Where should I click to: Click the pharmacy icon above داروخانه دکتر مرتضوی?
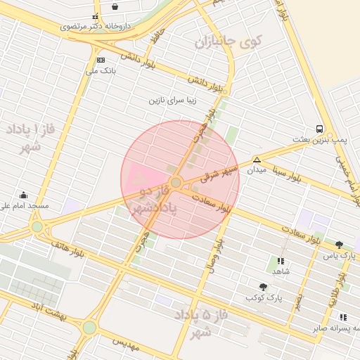tap(95, 16)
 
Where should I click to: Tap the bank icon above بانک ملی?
tap(101, 60)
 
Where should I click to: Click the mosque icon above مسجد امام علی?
tap(24, 195)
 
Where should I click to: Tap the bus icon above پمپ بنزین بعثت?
tap(319, 129)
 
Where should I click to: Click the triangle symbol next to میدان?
tap(257, 160)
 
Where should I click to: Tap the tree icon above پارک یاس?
tap(339, 245)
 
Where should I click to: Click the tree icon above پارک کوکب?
tap(263, 287)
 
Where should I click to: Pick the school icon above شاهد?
tap(281, 261)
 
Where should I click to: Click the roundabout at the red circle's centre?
tap(176, 183)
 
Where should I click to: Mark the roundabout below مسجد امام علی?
tap(37, 227)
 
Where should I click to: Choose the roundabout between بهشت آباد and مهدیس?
tap(89, 328)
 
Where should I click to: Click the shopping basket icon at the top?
tap(115, 6)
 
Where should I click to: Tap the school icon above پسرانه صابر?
tap(342, 317)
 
